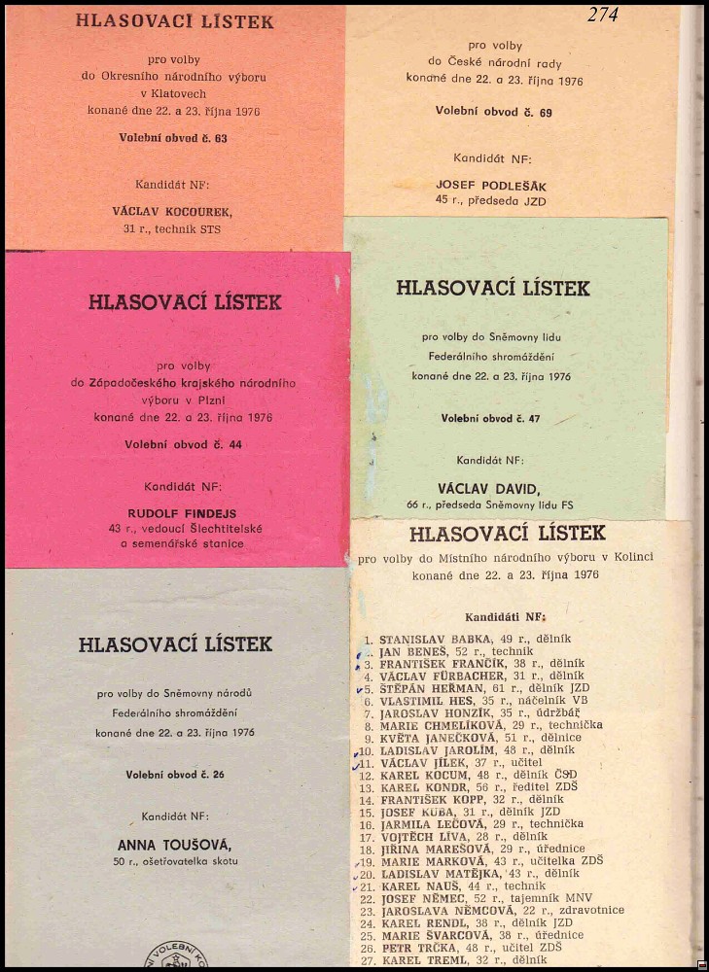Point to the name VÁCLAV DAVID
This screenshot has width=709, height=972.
coord(494,488)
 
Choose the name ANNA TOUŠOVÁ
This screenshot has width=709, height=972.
coord(174,845)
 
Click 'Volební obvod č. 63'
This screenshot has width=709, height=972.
coord(173,138)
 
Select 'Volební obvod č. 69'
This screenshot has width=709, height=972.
coord(494,113)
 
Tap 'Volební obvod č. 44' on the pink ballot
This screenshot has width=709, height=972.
coord(184,444)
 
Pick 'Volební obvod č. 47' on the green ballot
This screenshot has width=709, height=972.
coord(490,418)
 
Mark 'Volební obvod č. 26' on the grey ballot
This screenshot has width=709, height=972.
coord(175,775)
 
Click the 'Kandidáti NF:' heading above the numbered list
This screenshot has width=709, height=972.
coord(505,617)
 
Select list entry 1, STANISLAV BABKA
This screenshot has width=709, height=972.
coord(437,639)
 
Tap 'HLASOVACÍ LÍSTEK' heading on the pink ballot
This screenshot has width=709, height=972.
coord(185,302)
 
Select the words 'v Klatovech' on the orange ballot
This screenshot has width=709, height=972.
coord(175,93)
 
